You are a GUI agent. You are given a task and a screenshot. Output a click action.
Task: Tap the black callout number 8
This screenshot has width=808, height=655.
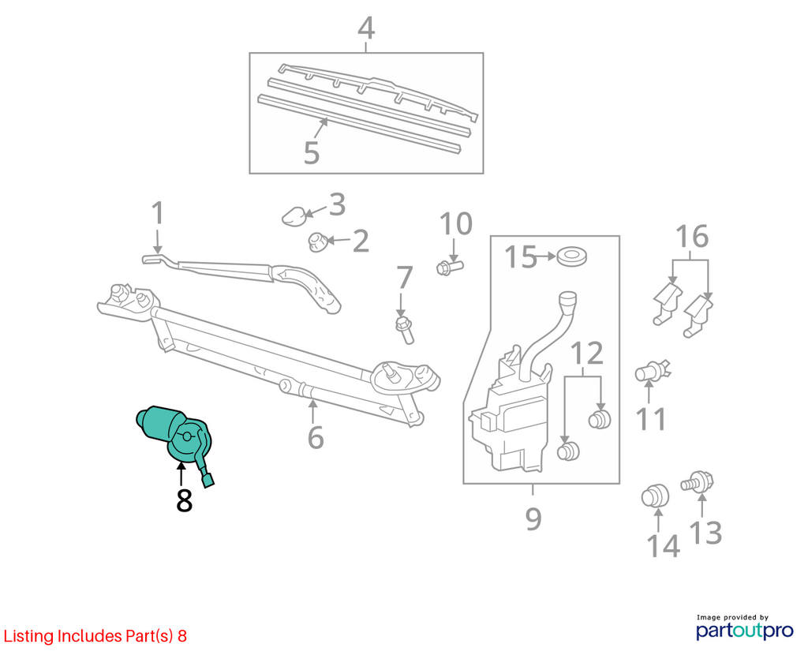pos(184,500)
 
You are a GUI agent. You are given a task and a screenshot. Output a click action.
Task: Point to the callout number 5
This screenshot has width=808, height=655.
pos(311,152)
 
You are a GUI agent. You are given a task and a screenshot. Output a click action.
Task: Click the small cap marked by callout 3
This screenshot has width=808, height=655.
pos(294,216)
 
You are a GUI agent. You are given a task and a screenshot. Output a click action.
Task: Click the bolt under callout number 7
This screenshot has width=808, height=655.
pos(405,329)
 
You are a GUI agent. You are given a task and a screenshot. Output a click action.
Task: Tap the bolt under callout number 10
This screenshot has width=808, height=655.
pos(449,268)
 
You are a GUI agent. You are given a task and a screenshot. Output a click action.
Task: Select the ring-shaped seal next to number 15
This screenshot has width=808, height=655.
pos(572,256)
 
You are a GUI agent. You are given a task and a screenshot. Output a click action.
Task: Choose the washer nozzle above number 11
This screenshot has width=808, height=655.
pos(652,371)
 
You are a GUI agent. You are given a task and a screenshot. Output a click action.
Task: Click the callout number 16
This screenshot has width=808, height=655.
pos(692,236)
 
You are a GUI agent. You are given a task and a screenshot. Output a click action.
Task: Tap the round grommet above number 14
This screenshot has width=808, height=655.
pos(655,497)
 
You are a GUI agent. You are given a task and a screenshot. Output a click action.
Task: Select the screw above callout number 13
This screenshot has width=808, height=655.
pos(698,482)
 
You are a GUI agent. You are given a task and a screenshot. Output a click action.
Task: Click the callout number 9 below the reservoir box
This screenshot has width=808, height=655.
pos(533,518)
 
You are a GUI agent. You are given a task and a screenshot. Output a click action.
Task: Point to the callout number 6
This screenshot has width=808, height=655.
pos(316,437)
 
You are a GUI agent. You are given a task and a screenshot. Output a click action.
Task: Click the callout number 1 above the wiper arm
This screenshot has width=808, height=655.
pos(158,213)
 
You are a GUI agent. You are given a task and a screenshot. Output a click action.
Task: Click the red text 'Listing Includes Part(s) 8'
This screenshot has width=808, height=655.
pos(95,636)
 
